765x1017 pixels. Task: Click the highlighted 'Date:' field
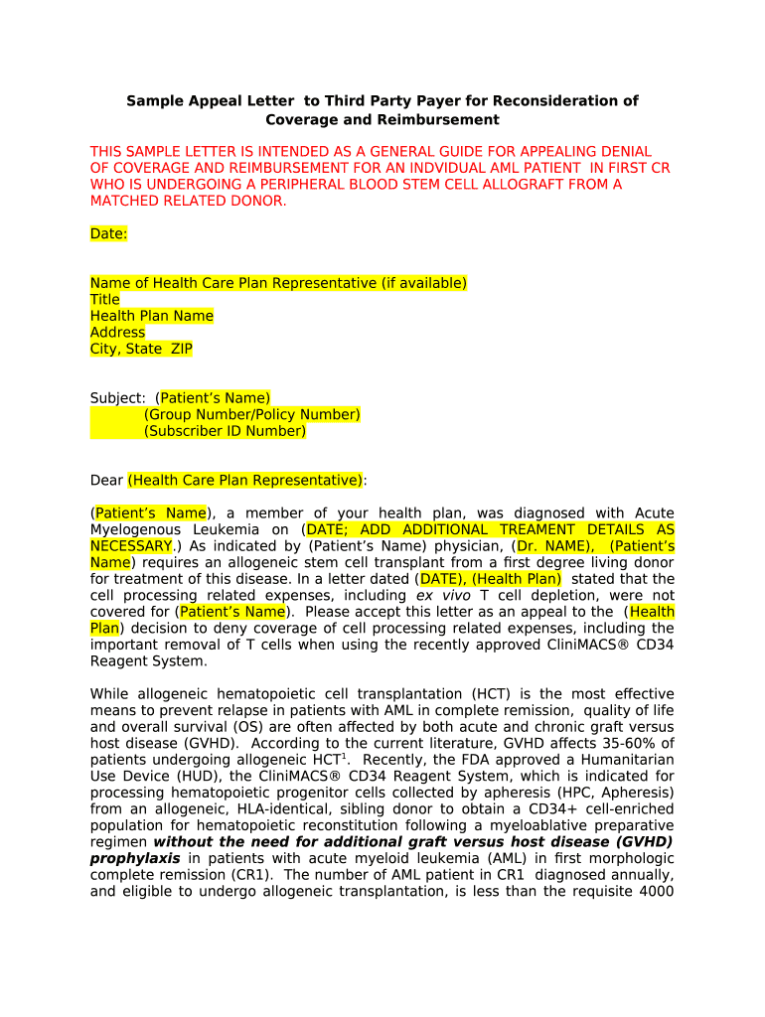[108, 233]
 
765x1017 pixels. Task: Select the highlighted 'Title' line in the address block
[104, 299]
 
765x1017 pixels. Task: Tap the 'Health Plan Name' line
[151, 316]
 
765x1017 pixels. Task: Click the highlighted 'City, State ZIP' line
[141, 349]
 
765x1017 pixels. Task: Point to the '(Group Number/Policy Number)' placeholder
[251, 414]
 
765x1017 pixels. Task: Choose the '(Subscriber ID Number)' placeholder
[225, 431]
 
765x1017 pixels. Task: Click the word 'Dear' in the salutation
[106, 480]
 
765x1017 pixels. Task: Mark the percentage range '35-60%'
[623, 743]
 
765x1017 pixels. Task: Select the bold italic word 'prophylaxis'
[135, 858]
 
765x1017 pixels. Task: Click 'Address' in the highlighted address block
[117, 332]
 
